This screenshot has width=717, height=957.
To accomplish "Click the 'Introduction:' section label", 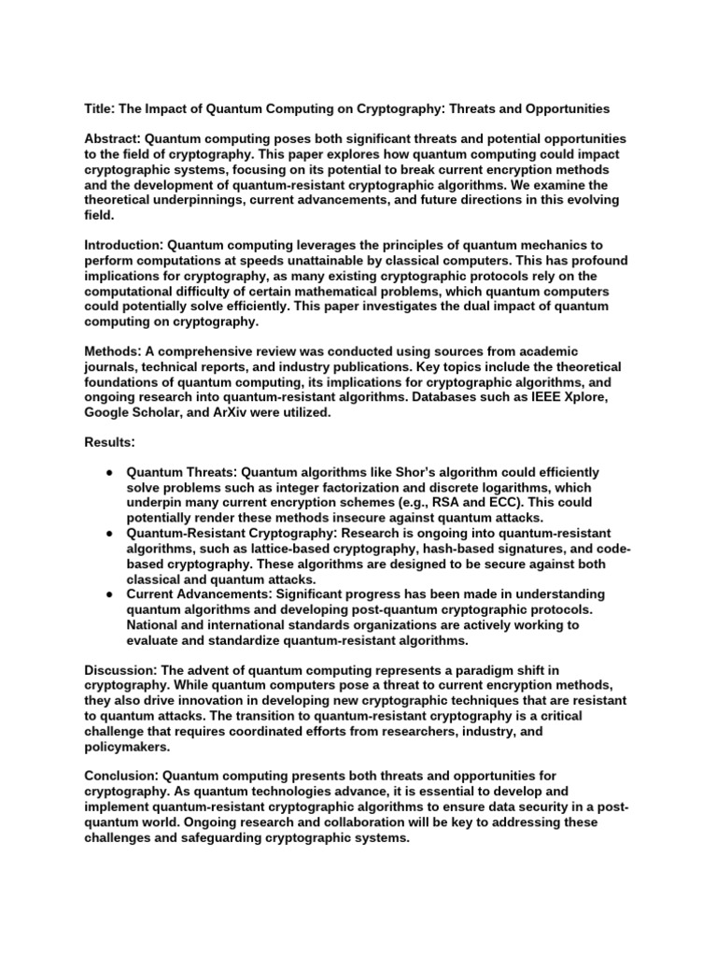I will coord(125,244).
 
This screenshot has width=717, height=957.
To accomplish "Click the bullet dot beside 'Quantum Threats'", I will coord(109,473).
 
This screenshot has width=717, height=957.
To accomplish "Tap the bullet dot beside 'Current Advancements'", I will coord(109,594).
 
